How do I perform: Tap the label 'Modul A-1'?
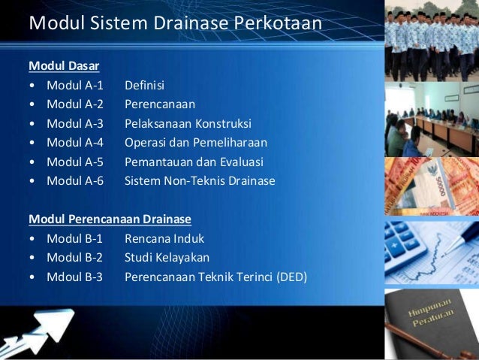click(x=75, y=86)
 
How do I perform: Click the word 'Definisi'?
click(x=144, y=86)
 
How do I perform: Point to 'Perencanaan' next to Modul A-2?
click(x=159, y=104)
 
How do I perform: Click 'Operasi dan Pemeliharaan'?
click(x=195, y=143)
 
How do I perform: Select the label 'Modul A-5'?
click(x=75, y=162)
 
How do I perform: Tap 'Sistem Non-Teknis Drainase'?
click(x=200, y=181)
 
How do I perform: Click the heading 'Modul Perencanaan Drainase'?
click(x=110, y=219)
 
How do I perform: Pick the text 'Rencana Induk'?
click(x=164, y=239)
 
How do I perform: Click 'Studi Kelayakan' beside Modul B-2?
click(x=167, y=258)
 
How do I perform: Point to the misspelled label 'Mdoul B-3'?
click(x=75, y=277)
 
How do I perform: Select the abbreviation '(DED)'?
click(x=291, y=277)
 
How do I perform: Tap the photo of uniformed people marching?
click(x=431, y=41)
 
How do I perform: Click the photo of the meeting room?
click(x=431, y=120)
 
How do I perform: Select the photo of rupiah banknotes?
click(x=431, y=187)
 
